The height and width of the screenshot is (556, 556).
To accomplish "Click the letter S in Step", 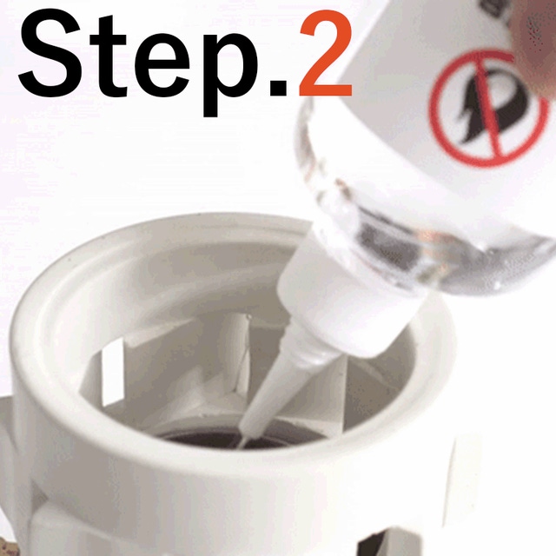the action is coord(51,52).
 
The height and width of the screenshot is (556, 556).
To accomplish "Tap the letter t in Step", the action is coord(109,56).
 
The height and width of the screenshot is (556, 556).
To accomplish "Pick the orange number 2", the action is coord(326,53).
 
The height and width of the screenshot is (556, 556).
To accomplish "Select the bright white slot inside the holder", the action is coord(113,373).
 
